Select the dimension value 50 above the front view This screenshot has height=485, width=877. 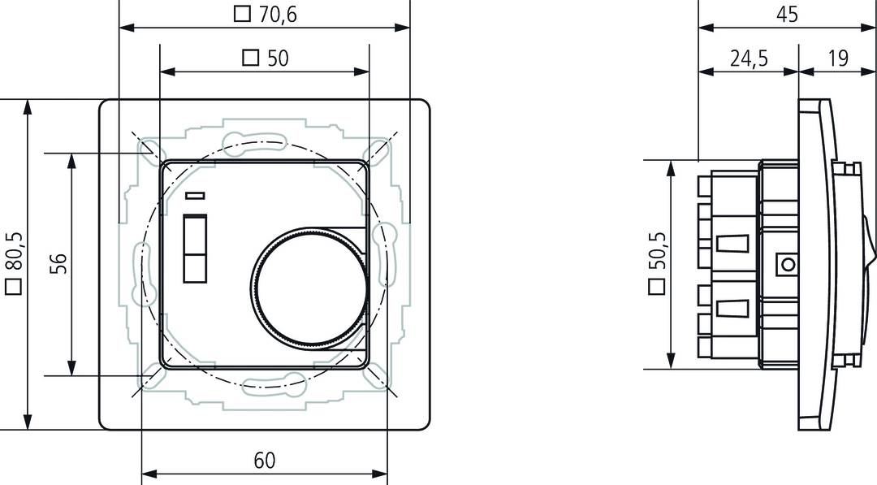tap(278, 58)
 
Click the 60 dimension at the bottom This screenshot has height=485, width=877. tap(264, 461)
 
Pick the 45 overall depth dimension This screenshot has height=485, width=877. tap(787, 14)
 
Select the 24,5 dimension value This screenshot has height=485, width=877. tap(748, 58)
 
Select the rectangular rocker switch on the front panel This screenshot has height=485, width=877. tap(195, 249)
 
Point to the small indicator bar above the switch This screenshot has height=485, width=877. tap(195, 195)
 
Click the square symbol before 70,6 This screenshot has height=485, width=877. tap(241, 14)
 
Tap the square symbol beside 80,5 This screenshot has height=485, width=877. tap(12, 287)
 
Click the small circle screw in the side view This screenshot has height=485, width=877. tap(786, 264)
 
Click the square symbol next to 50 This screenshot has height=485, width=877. tap(251, 58)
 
